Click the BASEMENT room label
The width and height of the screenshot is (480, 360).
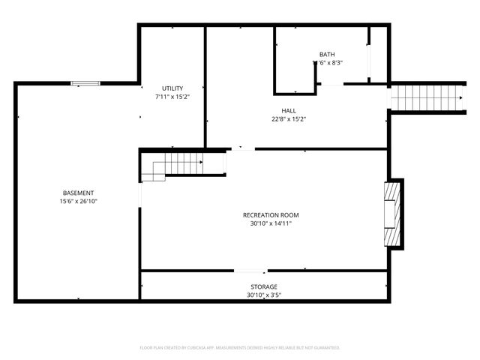pyautogui.click(x=78, y=193)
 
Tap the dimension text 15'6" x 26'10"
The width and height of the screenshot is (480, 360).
pyautogui.click(x=78, y=201)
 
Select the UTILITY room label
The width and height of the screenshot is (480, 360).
pyautogui.click(x=172, y=88)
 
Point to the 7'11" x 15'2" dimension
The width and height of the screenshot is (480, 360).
pyautogui.click(x=172, y=97)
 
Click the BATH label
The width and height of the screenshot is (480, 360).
pyautogui.click(x=327, y=54)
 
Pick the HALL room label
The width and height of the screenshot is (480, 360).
pyautogui.click(x=289, y=110)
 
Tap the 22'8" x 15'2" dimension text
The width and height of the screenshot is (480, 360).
pyautogui.click(x=289, y=118)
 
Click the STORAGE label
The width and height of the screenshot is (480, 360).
pyautogui.click(x=263, y=286)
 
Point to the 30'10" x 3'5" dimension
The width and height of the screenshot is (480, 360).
pyautogui.click(x=263, y=295)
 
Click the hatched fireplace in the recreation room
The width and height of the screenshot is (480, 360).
pyautogui.click(x=391, y=214)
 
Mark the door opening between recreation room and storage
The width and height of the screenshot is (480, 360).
pyautogui.click(x=250, y=271)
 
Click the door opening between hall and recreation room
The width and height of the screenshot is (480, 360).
pyautogui.click(x=241, y=148)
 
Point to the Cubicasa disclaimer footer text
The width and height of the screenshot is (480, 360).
pyautogui.click(x=240, y=348)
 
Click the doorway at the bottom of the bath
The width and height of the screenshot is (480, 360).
pyautogui.click(x=330, y=84)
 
